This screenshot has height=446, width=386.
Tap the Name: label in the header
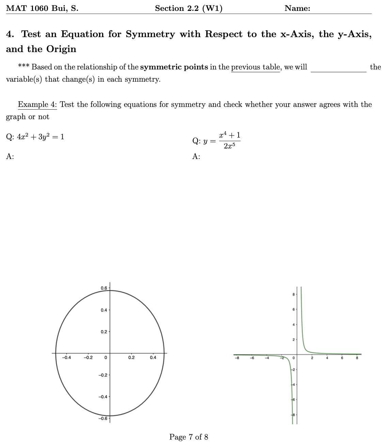click(x=297, y=9)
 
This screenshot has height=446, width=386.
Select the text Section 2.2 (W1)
click(x=189, y=9)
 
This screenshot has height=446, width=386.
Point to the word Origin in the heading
click(x=61, y=49)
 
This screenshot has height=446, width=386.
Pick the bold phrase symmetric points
click(x=174, y=67)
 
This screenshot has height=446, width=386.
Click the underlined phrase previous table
click(x=255, y=67)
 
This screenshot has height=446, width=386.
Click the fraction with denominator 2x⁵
click(x=230, y=140)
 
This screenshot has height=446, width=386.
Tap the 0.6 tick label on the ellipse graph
click(x=104, y=288)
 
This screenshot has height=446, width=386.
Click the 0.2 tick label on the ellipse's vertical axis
click(x=104, y=332)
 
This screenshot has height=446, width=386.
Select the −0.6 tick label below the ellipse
click(x=103, y=418)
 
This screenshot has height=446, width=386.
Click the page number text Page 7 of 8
click(x=189, y=437)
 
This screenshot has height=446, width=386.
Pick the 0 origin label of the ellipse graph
click(x=106, y=358)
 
